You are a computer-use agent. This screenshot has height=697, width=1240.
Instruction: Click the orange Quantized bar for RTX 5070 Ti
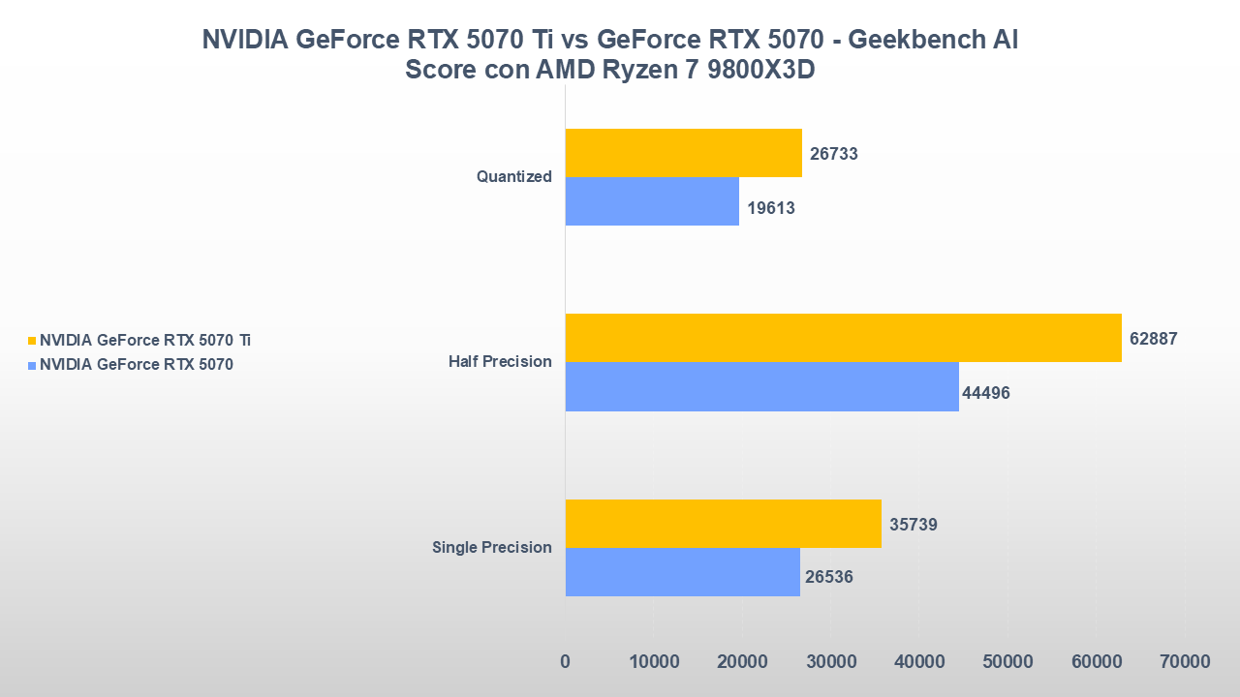point(683,153)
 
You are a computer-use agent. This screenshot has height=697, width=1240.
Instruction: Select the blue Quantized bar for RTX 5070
point(652,201)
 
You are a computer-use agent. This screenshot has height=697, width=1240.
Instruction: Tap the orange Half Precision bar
point(843,338)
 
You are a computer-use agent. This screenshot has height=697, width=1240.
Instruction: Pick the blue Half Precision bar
point(761,386)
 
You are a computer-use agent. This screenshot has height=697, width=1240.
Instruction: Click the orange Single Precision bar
point(723,524)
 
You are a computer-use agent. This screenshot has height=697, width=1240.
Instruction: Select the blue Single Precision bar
point(682,572)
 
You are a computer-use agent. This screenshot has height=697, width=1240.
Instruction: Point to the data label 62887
point(1153,339)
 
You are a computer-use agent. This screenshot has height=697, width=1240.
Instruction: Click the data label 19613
point(771,208)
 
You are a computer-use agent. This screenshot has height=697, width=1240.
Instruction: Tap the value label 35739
point(914,525)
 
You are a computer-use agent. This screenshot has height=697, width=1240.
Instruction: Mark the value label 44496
point(986,393)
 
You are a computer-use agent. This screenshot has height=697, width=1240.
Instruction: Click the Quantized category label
point(513,177)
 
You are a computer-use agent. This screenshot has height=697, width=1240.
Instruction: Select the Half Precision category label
point(500,362)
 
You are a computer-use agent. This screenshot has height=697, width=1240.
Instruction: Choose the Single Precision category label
point(491,548)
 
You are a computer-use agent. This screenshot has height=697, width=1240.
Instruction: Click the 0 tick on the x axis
point(566,662)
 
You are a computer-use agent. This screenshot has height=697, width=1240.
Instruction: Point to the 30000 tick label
point(831,662)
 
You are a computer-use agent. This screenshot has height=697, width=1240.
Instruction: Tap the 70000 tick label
point(1186,662)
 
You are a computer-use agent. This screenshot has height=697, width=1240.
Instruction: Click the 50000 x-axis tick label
point(1008,662)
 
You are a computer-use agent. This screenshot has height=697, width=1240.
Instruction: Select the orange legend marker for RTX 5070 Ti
point(32,341)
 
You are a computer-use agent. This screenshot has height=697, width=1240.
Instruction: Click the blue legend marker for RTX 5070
point(32,365)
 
